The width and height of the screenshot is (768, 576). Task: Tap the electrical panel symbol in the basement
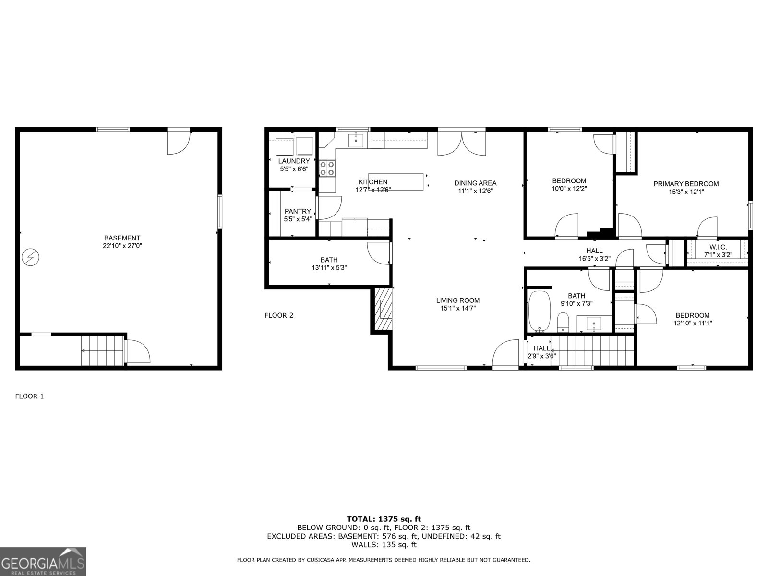[x=30, y=258]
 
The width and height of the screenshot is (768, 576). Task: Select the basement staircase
[x=102, y=351]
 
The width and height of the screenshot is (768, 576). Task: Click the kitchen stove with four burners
[x=328, y=168]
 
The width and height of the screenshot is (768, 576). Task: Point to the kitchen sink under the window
[x=355, y=140]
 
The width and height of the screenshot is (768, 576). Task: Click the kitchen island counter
[x=396, y=181]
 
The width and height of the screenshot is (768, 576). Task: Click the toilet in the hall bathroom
[x=563, y=322]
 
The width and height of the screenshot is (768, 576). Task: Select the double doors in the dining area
[x=462, y=143]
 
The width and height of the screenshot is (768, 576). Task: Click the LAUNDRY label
[x=294, y=161]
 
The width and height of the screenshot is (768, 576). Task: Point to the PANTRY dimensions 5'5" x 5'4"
[x=298, y=219]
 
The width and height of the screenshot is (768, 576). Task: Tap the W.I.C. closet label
[x=718, y=247]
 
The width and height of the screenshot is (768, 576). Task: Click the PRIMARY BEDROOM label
[x=686, y=184]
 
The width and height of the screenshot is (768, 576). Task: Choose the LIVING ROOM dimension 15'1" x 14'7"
[x=458, y=308]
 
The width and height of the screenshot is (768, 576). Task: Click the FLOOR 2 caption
[x=278, y=315]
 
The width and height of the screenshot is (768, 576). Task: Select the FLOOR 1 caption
[x=29, y=396]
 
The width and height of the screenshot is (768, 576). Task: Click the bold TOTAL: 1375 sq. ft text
[x=384, y=519]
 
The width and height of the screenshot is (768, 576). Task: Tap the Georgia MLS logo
[x=43, y=561]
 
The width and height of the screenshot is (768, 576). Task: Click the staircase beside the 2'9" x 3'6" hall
[x=593, y=350]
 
